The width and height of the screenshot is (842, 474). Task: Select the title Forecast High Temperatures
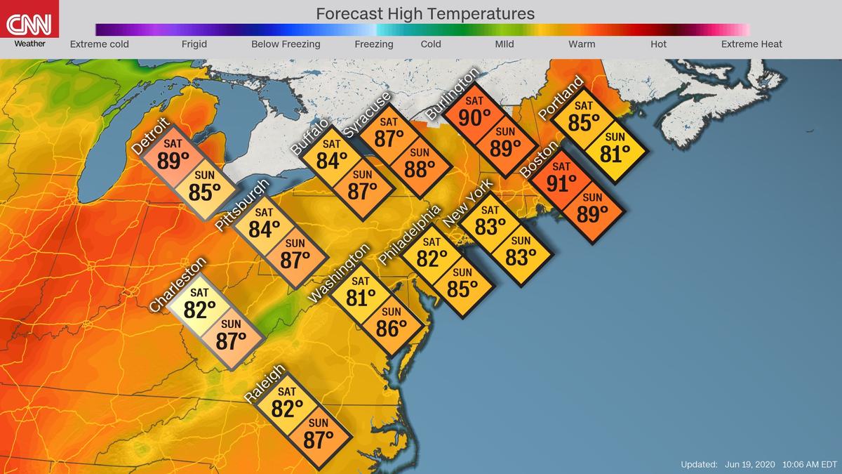click(x=425, y=13)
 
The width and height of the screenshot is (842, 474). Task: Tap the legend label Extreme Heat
click(x=751, y=44)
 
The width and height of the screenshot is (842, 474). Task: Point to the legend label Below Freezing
click(x=286, y=44)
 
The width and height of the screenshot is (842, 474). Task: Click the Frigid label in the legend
click(x=194, y=44)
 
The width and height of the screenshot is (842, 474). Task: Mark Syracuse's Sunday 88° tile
click(x=419, y=166)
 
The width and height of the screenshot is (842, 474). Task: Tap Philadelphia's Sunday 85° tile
click(x=462, y=284)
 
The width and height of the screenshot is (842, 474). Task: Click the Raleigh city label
click(x=265, y=384)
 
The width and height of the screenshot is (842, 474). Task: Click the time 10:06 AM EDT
click(x=808, y=464)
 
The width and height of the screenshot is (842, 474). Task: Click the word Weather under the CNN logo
click(x=29, y=44)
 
